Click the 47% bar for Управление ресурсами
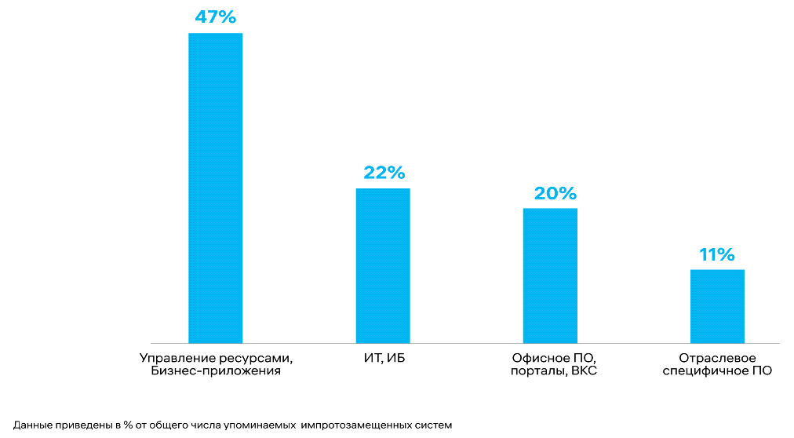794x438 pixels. [215, 188]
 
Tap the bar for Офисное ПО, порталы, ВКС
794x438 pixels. [550, 276]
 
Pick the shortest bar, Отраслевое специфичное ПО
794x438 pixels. [717, 306]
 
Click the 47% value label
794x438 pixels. [215, 17]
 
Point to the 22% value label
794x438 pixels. [383, 173]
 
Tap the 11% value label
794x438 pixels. [717, 254]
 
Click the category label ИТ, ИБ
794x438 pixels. [383, 359]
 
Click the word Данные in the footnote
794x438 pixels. [33, 425]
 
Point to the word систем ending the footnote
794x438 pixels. [434, 425]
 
